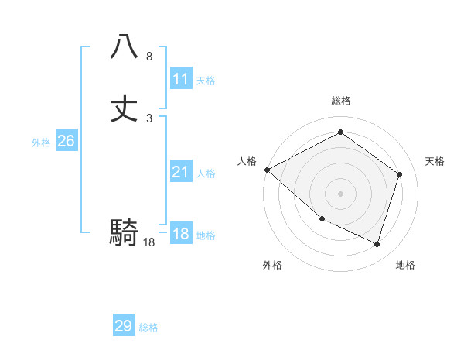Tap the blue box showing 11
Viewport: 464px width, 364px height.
coord(181,79)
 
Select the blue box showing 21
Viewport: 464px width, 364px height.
coord(181,173)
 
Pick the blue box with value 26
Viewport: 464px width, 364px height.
coord(66,141)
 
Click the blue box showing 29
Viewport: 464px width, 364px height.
coord(124,326)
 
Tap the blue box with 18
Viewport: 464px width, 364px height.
coord(181,235)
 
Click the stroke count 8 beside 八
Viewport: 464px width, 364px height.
coord(149,57)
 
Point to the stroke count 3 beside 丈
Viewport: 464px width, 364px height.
coord(149,118)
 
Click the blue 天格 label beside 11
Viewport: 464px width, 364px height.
coord(206,81)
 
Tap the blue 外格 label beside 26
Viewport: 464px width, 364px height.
coord(41,143)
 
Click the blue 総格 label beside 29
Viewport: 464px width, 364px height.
coord(148,328)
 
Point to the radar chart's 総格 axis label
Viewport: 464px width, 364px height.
coord(340,101)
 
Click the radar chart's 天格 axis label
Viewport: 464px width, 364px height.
coord(435,161)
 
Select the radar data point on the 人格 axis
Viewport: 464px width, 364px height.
coord(267,170)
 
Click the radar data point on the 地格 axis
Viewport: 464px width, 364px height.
coord(377,245)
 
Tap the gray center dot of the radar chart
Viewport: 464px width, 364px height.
coord(340,194)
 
